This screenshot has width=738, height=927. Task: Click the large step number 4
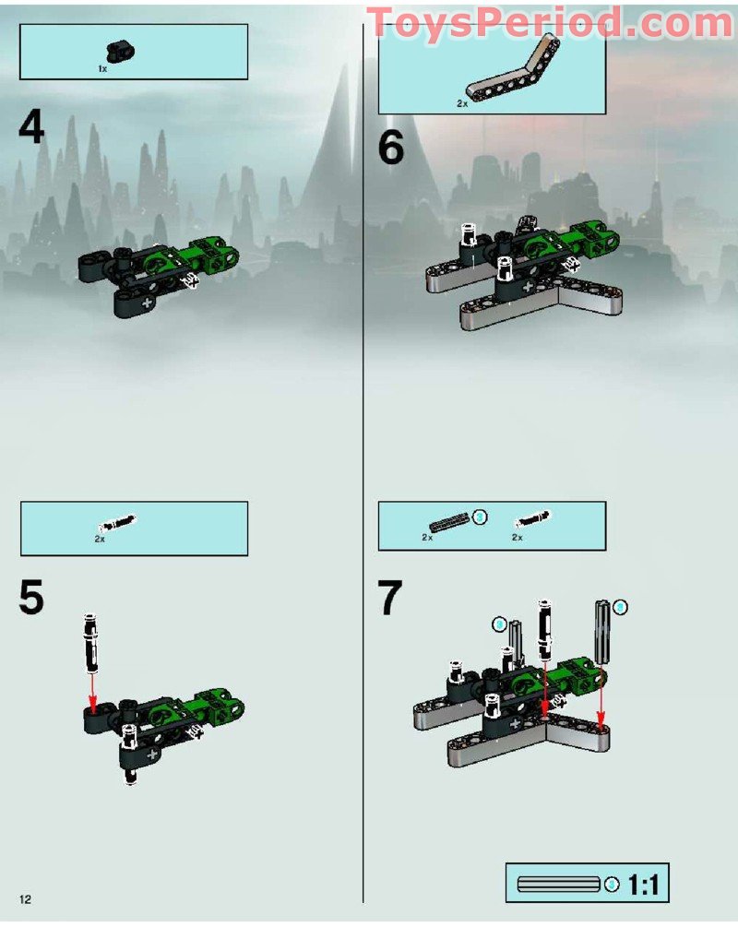pyautogui.click(x=31, y=127)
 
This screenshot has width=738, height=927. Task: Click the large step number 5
pyautogui.click(x=31, y=598)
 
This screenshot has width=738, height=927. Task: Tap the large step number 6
pyautogui.click(x=391, y=148)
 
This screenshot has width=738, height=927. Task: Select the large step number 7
pyautogui.click(x=391, y=598)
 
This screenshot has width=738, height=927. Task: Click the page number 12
pyautogui.click(x=25, y=899)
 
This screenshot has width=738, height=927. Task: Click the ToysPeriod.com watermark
pyautogui.click(x=550, y=23)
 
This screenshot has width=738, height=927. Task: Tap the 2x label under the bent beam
pyautogui.click(x=461, y=105)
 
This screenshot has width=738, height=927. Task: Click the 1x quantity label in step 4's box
pyautogui.click(x=102, y=69)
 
